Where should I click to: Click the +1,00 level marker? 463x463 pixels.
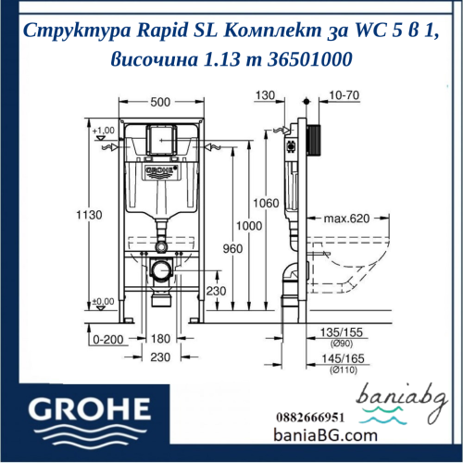click(x=103, y=131)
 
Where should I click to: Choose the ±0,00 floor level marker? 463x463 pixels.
click(x=103, y=301)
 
